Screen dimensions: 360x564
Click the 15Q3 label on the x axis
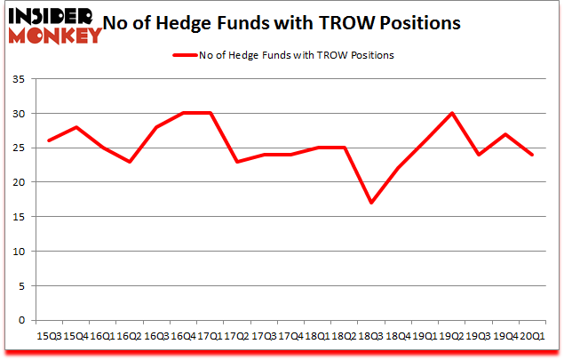point(48,336)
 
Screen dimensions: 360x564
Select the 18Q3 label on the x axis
point(371,336)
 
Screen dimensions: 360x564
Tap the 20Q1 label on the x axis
point(533,336)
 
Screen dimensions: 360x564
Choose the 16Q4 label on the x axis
point(183,336)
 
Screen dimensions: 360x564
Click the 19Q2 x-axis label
point(452,336)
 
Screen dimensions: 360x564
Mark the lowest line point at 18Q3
point(371,203)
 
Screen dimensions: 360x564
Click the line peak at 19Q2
point(452,113)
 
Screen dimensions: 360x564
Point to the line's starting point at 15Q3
point(48,140)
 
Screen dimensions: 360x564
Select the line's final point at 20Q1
point(533,155)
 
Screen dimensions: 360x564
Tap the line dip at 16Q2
point(129,161)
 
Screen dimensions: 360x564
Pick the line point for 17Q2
point(236,161)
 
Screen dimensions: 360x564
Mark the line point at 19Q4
point(506,134)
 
